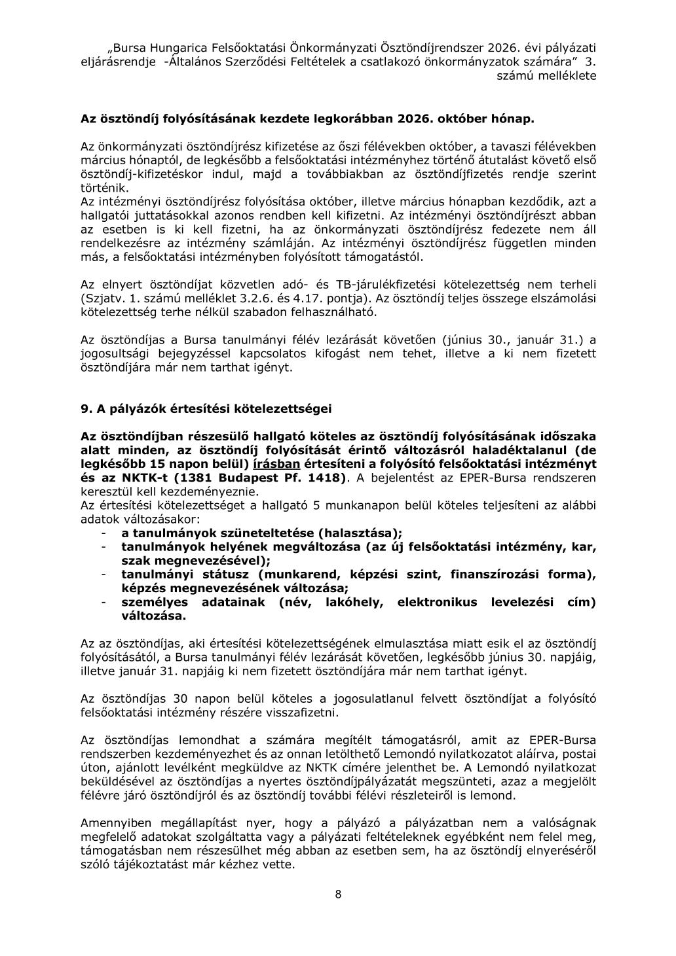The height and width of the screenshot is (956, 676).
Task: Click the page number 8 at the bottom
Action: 338,894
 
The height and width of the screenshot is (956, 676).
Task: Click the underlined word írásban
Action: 276,463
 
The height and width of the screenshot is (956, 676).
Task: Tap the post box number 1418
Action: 321,477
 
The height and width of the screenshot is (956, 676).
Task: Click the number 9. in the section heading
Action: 85,409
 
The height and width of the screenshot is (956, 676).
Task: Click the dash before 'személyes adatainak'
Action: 103,602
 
